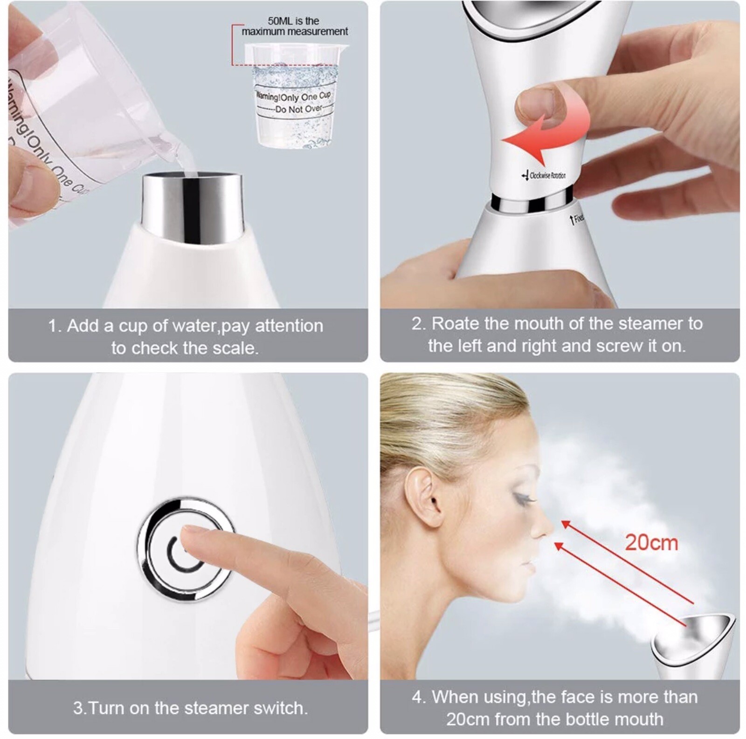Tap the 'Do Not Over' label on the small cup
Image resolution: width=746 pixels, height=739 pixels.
(x=299, y=109)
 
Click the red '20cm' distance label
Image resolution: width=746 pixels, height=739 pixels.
(x=651, y=543)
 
